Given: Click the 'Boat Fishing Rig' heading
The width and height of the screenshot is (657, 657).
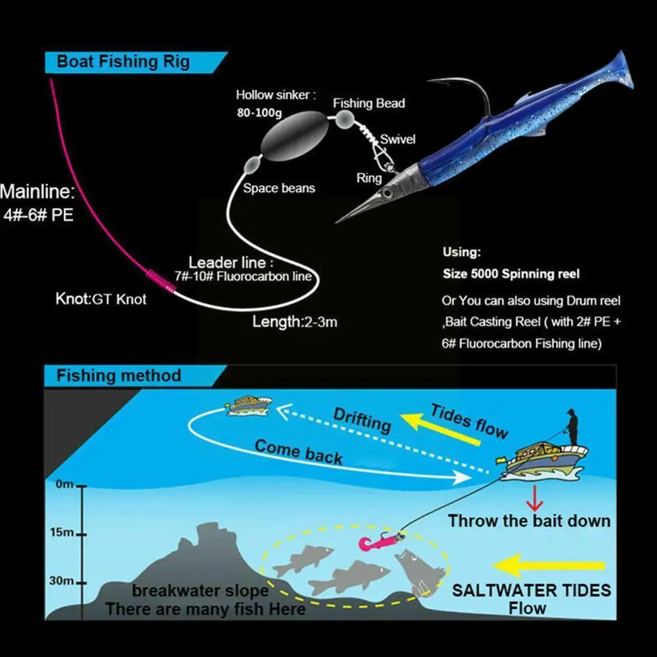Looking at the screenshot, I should click(123, 62).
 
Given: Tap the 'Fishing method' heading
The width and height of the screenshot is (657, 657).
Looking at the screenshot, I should click(118, 376).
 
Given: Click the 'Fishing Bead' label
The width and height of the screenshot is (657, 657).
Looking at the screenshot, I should click(368, 103).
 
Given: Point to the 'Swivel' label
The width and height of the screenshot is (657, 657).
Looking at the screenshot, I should click(397, 140).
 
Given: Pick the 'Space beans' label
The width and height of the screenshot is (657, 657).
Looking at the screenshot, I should click(279, 188).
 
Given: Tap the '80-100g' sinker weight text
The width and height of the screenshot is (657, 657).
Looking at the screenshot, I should click(259, 112).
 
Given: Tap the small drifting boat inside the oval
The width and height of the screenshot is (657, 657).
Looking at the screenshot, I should click(248, 405).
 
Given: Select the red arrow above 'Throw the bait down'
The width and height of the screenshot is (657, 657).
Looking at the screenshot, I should click(536, 501).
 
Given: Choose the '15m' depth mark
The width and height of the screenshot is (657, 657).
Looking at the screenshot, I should click(64, 532).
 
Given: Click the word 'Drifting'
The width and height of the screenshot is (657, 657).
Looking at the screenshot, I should click(362, 421).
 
